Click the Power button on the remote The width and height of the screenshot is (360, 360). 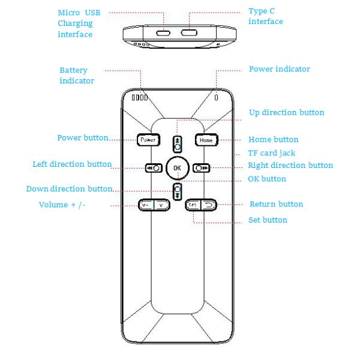click(147, 139)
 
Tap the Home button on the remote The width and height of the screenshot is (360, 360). click(206, 139)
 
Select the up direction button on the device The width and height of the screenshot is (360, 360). click(177, 145)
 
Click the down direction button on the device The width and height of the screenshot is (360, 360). click(177, 191)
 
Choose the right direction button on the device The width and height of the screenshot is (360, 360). click(201, 168)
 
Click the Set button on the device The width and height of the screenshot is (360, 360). click(192, 205)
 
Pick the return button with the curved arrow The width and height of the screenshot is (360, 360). click(208, 205)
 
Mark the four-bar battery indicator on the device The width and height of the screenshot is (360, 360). click(140, 97)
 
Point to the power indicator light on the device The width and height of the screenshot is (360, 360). click(216, 97)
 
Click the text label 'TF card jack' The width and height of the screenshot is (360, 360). click(271, 153)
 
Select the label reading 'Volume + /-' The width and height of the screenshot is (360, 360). click(62, 205)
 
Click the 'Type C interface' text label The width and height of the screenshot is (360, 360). click(265, 17)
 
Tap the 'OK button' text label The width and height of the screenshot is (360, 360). click(267, 179)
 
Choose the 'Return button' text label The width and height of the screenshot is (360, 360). click(276, 205)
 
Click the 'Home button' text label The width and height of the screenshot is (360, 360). click(273, 140)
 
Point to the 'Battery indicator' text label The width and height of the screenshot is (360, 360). click(77, 75)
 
